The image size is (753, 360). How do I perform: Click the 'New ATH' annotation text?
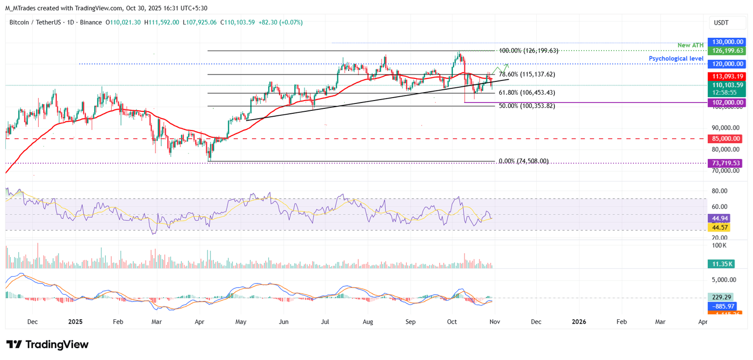click(691, 45)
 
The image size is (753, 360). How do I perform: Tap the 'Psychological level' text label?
click(677, 58)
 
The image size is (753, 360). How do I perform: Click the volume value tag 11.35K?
click(723, 264)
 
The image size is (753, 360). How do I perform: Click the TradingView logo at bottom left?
click(48, 344)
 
